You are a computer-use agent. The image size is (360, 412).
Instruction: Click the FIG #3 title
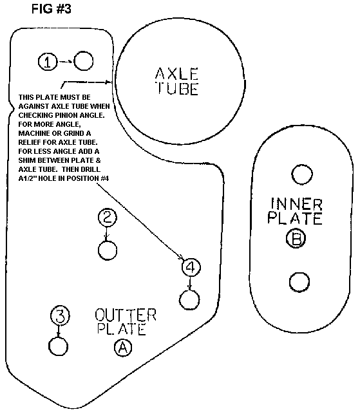[x=52, y=9]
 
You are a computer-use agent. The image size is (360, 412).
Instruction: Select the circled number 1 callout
[x=48, y=62]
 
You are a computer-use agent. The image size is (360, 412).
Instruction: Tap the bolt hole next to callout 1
[x=83, y=61]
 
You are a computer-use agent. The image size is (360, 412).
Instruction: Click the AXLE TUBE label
[x=176, y=81]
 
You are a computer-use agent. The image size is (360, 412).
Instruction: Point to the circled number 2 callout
[x=107, y=218]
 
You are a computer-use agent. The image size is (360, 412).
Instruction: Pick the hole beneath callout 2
[x=108, y=250]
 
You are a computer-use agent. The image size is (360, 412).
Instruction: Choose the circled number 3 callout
[x=60, y=315]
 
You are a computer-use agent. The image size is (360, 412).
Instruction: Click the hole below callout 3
[x=59, y=346]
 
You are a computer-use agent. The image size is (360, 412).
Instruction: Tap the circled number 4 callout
[x=191, y=267]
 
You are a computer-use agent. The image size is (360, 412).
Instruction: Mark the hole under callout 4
[x=189, y=300]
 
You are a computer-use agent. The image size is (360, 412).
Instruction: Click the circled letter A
[x=123, y=348]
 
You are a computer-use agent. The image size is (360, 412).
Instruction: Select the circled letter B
[x=296, y=238]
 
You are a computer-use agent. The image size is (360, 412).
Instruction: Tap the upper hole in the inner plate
[x=302, y=174]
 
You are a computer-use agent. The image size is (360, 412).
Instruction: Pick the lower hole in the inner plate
[x=299, y=282]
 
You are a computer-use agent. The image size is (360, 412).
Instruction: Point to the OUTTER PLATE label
[x=126, y=322]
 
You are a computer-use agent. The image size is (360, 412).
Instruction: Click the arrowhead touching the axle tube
[x=109, y=82]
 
